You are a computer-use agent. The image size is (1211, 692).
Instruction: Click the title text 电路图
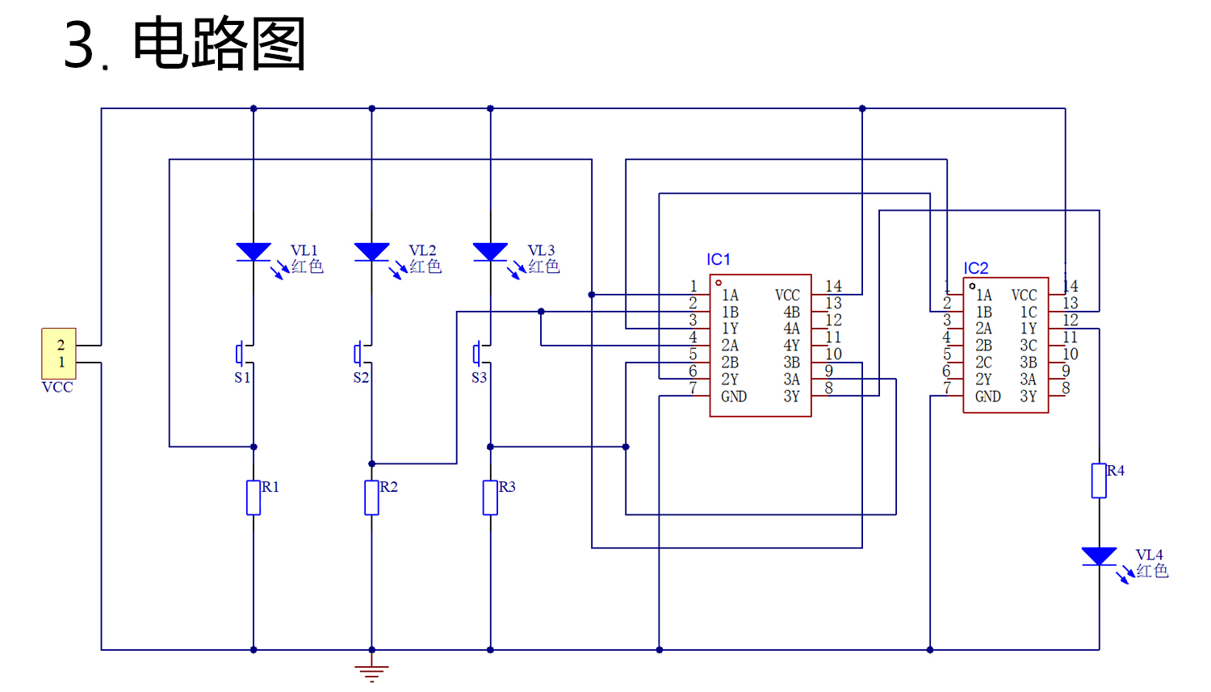click(x=219, y=44)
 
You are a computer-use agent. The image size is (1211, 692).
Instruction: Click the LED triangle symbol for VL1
click(x=254, y=252)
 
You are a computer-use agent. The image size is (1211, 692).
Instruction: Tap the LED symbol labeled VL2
click(x=371, y=252)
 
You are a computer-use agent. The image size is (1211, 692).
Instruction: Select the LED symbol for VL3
click(x=490, y=252)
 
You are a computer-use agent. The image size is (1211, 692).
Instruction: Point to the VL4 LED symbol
click(x=1099, y=556)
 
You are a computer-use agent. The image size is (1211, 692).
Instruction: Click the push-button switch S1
click(x=243, y=354)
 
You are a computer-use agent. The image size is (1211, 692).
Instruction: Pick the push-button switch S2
click(x=361, y=354)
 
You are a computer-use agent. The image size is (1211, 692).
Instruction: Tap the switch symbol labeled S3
click(x=480, y=354)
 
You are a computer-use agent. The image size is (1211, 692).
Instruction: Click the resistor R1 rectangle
click(x=254, y=497)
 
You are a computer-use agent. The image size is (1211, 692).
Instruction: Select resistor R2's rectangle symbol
click(x=371, y=497)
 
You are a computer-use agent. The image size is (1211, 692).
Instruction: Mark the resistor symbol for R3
click(x=490, y=497)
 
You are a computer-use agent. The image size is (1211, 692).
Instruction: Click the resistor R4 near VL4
click(x=1099, y=480)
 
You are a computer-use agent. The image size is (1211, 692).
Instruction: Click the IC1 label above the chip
click(x=719, y=259)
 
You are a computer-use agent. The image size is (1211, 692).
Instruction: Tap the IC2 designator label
click(x=976, y=268)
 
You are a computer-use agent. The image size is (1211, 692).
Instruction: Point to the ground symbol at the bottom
click(x=371, y=672)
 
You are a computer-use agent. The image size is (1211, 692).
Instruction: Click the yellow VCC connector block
click(x=59, y=354)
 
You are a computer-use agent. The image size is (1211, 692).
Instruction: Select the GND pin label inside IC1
click(x=734, y=396)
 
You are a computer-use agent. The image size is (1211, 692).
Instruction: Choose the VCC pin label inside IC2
click(x=1024, y=296)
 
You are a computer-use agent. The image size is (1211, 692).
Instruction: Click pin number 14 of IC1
click(x=833, y=286)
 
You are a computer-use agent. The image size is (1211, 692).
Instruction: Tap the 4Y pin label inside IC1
click(x=791, y=346)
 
